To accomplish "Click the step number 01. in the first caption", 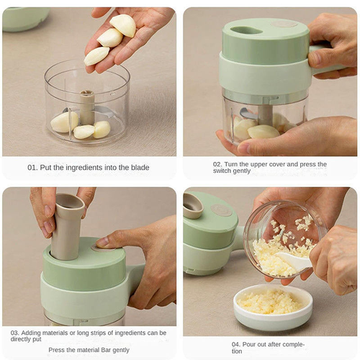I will [x=33, y=167].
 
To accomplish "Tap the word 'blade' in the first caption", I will [x=140, y=167].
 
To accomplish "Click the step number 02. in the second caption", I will [x=218, y=164].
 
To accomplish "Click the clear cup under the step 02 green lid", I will [x=263, y=122].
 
